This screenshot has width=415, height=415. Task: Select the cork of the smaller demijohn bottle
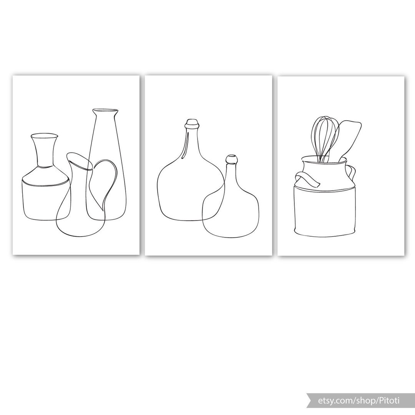coord(231,159)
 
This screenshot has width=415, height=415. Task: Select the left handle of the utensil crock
coord(306,180)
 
